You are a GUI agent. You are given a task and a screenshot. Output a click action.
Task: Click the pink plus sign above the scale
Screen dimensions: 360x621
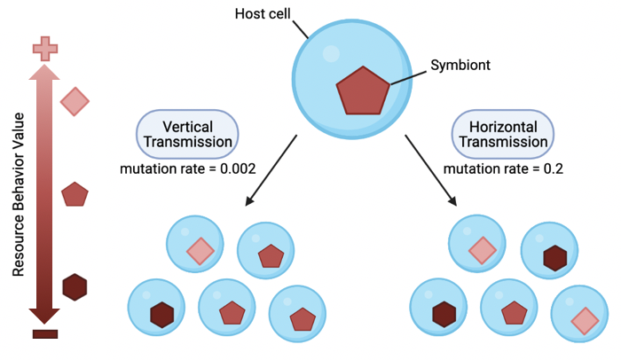[44, 50]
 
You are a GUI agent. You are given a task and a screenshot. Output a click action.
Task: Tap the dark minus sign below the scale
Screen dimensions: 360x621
[44, 334]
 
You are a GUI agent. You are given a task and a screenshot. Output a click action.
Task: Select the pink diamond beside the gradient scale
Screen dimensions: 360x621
[75, 102]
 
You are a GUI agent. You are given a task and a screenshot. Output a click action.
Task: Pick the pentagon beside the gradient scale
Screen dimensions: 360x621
[75, 193]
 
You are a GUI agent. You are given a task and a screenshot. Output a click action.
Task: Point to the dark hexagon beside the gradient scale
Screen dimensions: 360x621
[75, 286]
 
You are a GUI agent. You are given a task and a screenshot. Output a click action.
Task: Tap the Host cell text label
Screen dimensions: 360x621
[263, 13]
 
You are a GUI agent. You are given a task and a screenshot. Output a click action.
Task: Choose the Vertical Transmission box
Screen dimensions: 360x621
[187, 134]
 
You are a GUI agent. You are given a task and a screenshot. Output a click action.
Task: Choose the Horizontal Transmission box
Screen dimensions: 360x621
[500, 134]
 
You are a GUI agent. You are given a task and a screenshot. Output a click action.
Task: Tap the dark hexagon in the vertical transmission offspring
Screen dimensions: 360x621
[161, 315]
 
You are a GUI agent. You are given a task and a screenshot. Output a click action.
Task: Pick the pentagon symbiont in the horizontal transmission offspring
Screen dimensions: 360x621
[514, 312]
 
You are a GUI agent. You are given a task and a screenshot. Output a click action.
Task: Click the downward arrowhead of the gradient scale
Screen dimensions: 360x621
[44, 316]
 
